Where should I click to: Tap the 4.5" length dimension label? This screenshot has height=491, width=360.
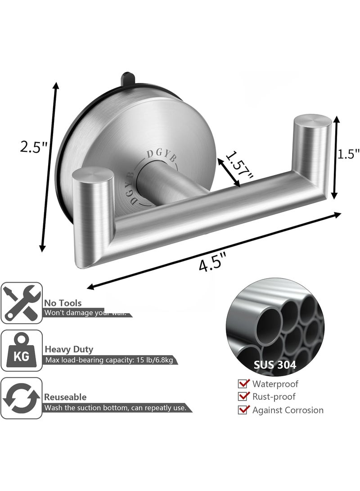pos(213,263)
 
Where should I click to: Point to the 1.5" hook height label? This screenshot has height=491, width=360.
pos(348,154)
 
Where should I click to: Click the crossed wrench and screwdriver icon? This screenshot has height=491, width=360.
pos(22,303)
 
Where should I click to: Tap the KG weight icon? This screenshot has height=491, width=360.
pos(22,351)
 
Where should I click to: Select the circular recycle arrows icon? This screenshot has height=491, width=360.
pos(22,398)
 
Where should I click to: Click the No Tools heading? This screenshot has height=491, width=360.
pos(63,303)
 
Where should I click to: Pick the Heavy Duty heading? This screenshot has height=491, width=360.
pos(69,349)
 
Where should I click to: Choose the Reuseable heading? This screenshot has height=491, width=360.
pos(65,397)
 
